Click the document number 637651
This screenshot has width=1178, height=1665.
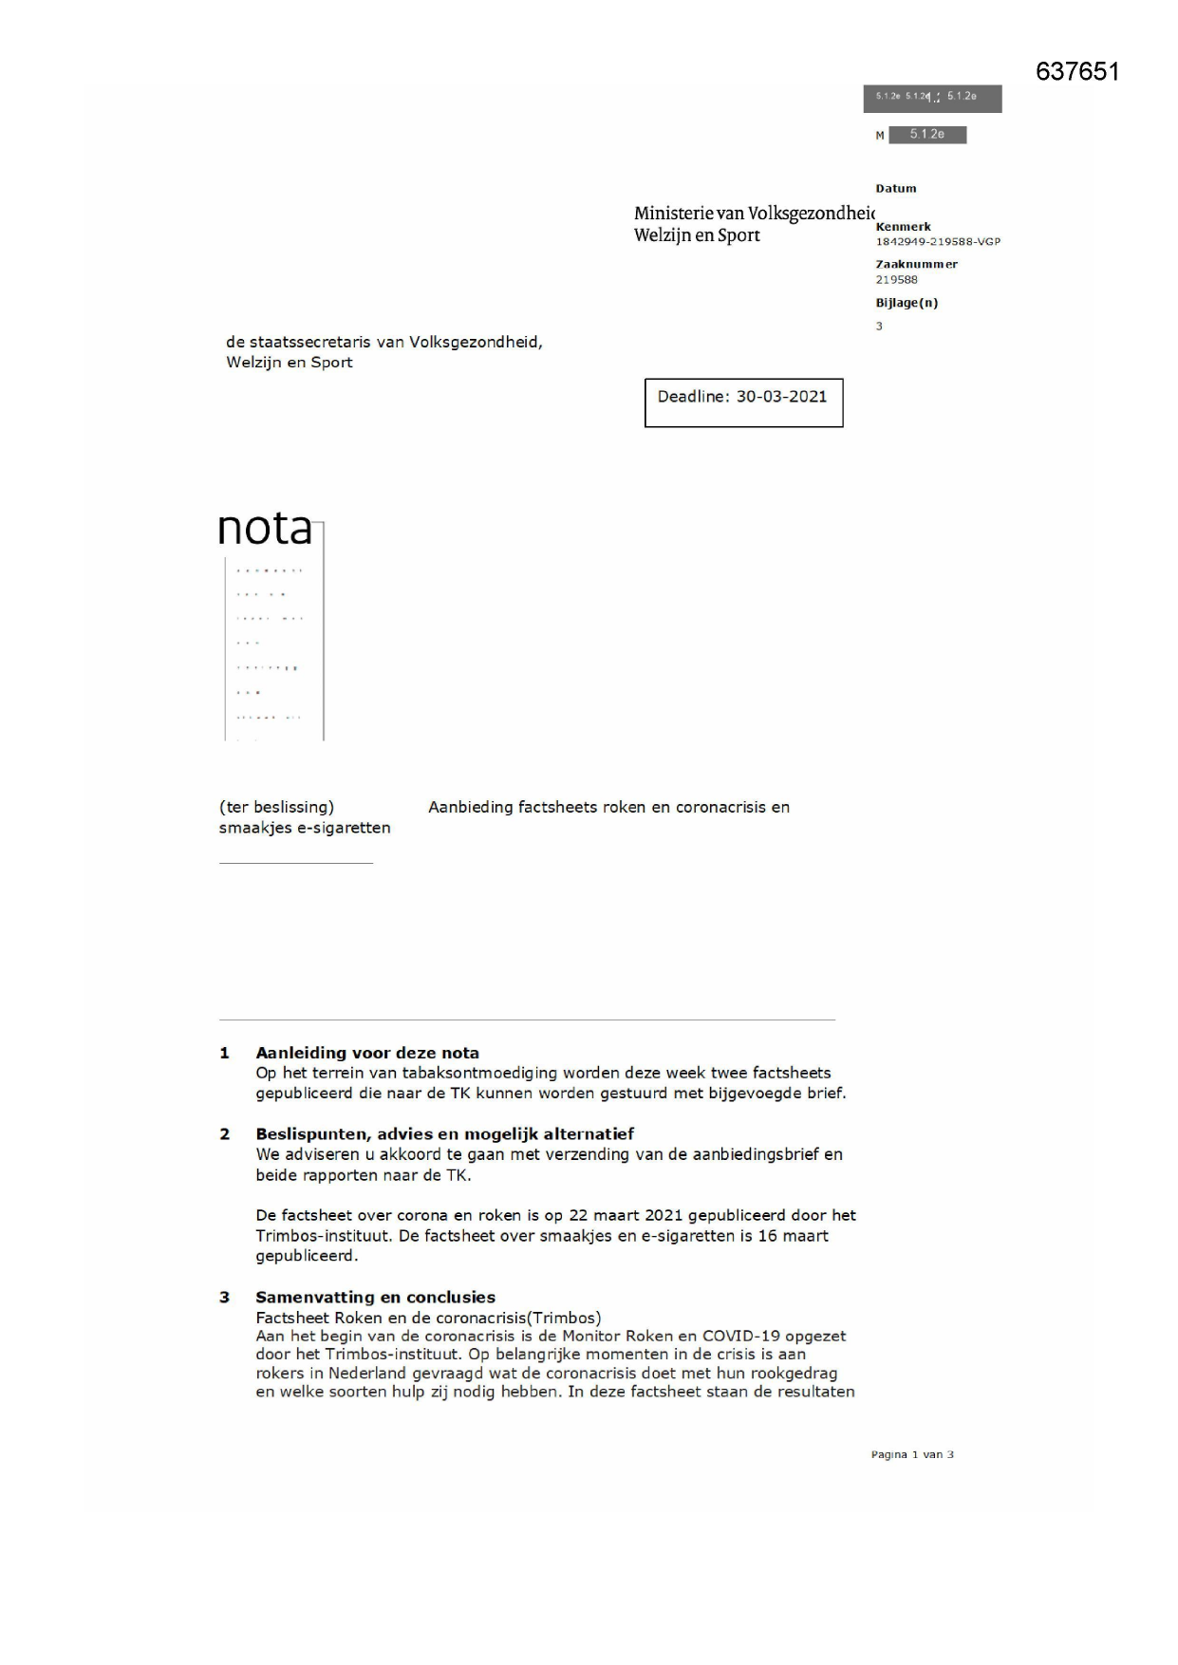coord(1077,72)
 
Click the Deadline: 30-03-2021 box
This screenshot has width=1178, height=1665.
coord(743,402)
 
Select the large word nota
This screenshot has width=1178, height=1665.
coord(265,529)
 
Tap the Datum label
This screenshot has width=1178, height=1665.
coord(896,188)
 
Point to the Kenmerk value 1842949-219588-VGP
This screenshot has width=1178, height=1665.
coord(938,241)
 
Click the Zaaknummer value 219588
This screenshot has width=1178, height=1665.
coord(896,279)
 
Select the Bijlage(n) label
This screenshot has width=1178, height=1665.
coord(907,303)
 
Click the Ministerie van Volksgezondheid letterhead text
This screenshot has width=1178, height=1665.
coord(754,214)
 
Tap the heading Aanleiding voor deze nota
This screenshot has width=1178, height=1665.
coord(367,1053)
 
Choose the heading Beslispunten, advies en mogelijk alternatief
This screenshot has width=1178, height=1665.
coord(444,1133)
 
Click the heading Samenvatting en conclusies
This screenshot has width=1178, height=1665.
coord(375,1297)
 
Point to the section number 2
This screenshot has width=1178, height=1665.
coord(225,1133)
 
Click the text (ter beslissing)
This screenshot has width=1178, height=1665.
coord(276,807)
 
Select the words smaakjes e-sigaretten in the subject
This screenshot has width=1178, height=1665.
coord(305,828)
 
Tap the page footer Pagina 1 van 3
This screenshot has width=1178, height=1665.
coord(912,1454)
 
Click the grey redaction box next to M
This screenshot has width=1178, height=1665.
coord(927,135)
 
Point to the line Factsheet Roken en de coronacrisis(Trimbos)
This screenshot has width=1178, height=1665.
coord(428,1318)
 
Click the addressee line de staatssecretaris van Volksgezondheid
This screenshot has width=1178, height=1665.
coord(384,342)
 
